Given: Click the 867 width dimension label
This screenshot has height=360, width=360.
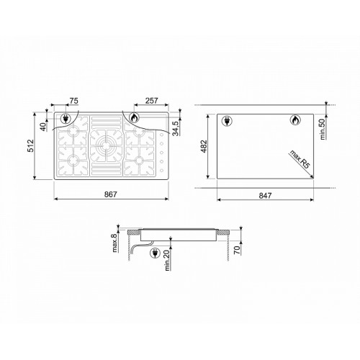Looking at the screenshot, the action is [111, 194].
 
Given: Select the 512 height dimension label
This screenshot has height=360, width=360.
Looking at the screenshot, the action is [31, 145].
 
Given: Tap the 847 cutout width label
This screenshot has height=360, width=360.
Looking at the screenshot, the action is [265, 196].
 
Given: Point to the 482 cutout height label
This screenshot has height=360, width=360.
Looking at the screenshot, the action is [204, 146].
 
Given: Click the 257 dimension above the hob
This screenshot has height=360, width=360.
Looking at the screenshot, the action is [151, 101].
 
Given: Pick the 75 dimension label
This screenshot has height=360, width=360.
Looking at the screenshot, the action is [73, 101].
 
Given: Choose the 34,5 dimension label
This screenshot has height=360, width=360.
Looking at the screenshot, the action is [176, 128].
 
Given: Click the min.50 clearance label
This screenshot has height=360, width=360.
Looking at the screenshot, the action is [323, 129].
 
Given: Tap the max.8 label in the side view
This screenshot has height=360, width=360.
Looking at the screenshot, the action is [115, 243].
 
